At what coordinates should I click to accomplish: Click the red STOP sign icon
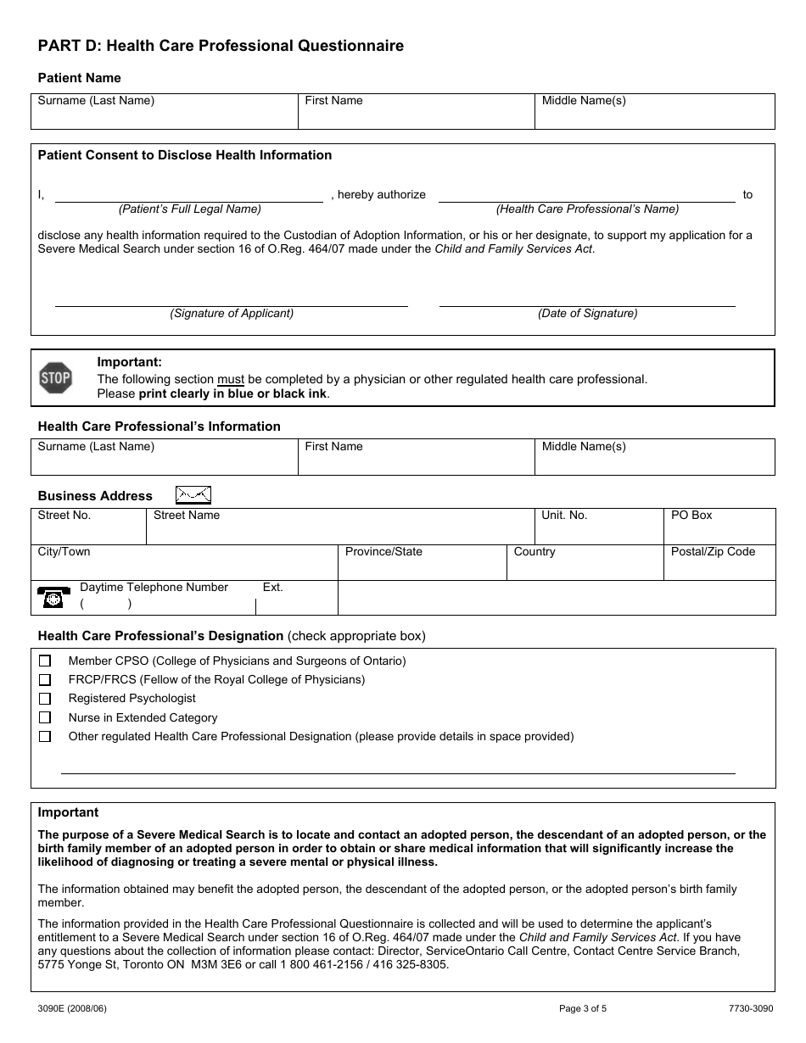(56, 378)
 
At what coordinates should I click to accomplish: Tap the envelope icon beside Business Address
(193, 495)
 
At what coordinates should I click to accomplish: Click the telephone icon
(53, 597)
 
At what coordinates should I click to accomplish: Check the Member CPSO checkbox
(45, 661)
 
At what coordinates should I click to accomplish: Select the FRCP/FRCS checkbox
(45, 680)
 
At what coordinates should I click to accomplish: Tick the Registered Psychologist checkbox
(45, 699)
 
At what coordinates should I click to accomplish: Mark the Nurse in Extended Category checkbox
(45, 718)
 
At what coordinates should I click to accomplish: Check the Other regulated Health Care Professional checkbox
(45, 737)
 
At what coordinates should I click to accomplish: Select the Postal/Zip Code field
(719, 563)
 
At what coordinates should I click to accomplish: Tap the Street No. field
(88, 527)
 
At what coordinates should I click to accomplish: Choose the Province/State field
(422, 563)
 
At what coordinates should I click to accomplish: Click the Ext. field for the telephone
(296, 600)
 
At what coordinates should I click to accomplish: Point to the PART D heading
(221, 46)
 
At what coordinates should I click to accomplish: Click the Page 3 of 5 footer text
(583, 1009)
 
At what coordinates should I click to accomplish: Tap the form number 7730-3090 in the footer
(750, 1009)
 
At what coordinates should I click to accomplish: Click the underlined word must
(231, 379)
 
